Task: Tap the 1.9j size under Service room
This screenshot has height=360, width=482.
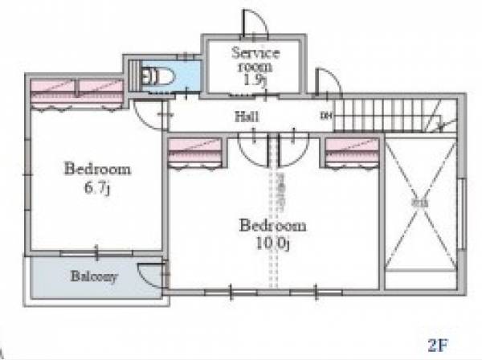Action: point(255,80)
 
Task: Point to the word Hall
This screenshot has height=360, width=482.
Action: point(246,117)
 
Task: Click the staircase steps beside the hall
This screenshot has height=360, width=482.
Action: point(386,116)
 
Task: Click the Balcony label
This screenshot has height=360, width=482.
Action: point(94,278)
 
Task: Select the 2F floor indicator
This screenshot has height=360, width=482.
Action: point(438,346)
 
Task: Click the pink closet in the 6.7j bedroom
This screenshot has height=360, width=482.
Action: point(77,93)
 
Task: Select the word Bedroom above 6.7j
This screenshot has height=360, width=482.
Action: point(97,170)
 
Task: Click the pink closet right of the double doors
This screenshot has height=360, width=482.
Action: point(353,151)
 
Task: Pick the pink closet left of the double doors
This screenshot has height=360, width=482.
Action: point(196,151)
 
